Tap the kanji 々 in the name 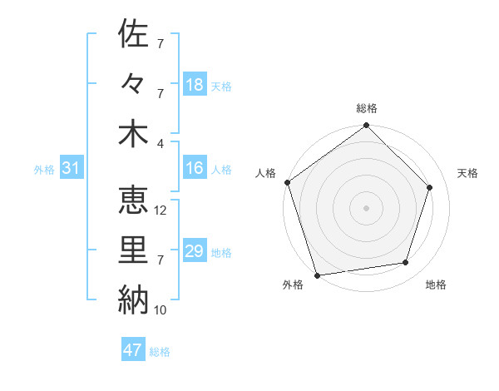click(134, 84)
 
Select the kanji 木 click(134, 134)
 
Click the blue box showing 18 click(195, 85)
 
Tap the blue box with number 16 click(195, 168)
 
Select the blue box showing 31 click(72, 168)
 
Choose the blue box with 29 click(195, 251)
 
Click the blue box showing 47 click(133, 350)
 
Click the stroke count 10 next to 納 click(161, 310)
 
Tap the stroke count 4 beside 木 click(161, 143)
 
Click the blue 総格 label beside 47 click(160, 352)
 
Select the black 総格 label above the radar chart click(367, 108)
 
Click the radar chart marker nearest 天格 click(430, 187)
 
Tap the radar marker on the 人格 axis click(288, 182)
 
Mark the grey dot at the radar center click(367, 207)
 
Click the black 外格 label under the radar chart click(293, 285)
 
